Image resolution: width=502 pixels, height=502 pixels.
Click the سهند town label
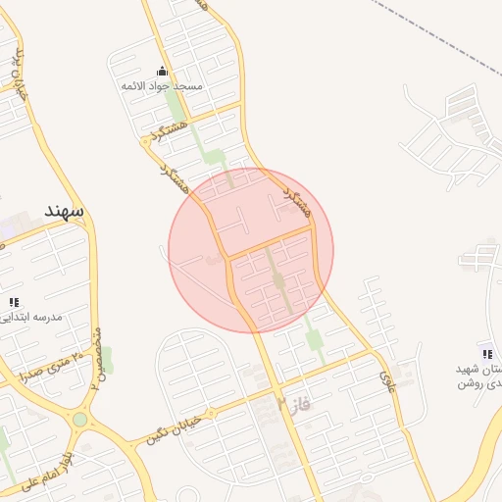click(x=64, y=211)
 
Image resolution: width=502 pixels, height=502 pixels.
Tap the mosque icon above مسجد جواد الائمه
click(x=162, y=72)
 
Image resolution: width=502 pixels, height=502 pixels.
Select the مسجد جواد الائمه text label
click(x=162, y=86)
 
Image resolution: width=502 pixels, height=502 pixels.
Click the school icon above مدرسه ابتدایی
click(x=14, y=303)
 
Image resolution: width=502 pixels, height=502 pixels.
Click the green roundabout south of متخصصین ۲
click(x=79, y=420)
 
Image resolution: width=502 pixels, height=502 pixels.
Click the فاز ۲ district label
click(x=292, y=403)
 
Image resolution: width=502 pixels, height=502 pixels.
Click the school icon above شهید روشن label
click(x=486, y=353)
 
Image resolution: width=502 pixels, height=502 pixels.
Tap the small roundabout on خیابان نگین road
click(x=261, y=403)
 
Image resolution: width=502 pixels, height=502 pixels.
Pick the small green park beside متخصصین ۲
click(x=105, y=359)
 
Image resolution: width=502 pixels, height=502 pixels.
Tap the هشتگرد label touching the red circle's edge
click(x=295, y=200)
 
